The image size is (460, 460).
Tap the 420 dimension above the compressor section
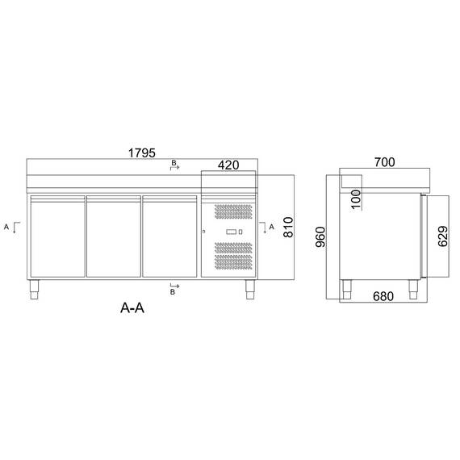coord(228,165)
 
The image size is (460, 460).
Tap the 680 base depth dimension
coord(383,296)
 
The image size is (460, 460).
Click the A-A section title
coord(133,307)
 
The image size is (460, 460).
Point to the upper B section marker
coord(173,165)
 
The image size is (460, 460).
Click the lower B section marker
coord(173,291)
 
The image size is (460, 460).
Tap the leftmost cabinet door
coord(56,236)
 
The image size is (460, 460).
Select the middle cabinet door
coord(113,236)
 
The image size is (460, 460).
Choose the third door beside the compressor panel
coord(169,236)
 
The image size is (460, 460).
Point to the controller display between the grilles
coord(233,232)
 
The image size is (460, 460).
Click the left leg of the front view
coord(35,290)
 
